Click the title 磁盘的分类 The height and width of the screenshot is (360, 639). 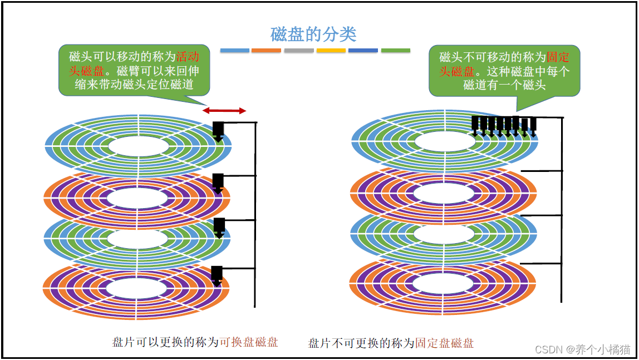pos(313,34)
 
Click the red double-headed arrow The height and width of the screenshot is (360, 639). pos(225,111)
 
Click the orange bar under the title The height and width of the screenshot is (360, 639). pos(266,51)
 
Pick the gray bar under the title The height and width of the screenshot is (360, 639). pos(298,51)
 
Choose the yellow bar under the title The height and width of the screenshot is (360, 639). pos(331,51)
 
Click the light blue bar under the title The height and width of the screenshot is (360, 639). pos(234,51)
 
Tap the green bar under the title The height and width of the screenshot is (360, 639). pos(395,51)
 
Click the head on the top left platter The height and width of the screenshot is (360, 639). pos(218,131)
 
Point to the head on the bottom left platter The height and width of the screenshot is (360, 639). pos(217,274)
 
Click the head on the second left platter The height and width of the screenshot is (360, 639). pos(218,182)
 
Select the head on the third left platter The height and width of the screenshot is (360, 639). pos(219,227)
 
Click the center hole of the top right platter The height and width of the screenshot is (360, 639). pos(445,141)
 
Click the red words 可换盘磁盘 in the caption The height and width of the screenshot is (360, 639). pos(249,342)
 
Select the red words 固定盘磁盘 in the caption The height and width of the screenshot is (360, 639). pos(445,343)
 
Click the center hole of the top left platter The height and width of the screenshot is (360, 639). pos(138,146)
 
